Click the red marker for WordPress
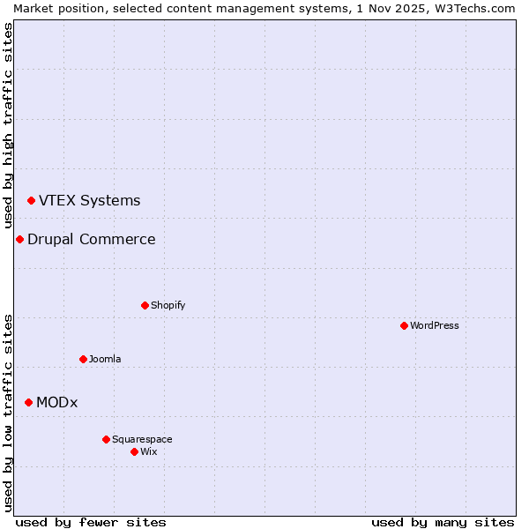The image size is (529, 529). click(x=404, y=325)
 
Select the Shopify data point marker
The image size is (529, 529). click(x=145, y=305)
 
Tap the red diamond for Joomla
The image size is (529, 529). click(x=83, y=359)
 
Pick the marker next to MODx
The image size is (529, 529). click(x=28, y=402)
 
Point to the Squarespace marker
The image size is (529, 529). click(x=106, y=439)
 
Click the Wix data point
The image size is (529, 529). click(x=134, y=451)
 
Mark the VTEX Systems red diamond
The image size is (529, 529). click(x=31, y=200)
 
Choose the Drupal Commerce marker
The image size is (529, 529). click(x=19, y=239)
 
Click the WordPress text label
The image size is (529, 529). click(x=435, y=325)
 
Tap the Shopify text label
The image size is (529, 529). click(x=168, y=305)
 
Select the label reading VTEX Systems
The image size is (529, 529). click(x=89, y=200)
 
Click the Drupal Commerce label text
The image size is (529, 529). click(x=91, y=239)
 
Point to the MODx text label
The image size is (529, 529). click(x=56, y=402)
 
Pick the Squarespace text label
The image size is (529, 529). click(x=142, y=439)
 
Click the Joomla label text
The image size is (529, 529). click(x=105, y=359)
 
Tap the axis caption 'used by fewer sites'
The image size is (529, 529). click(x=91, y=522)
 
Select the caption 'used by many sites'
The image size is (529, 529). click(x=443, y=522)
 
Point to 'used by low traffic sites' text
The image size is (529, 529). click(x=8, y=413)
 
